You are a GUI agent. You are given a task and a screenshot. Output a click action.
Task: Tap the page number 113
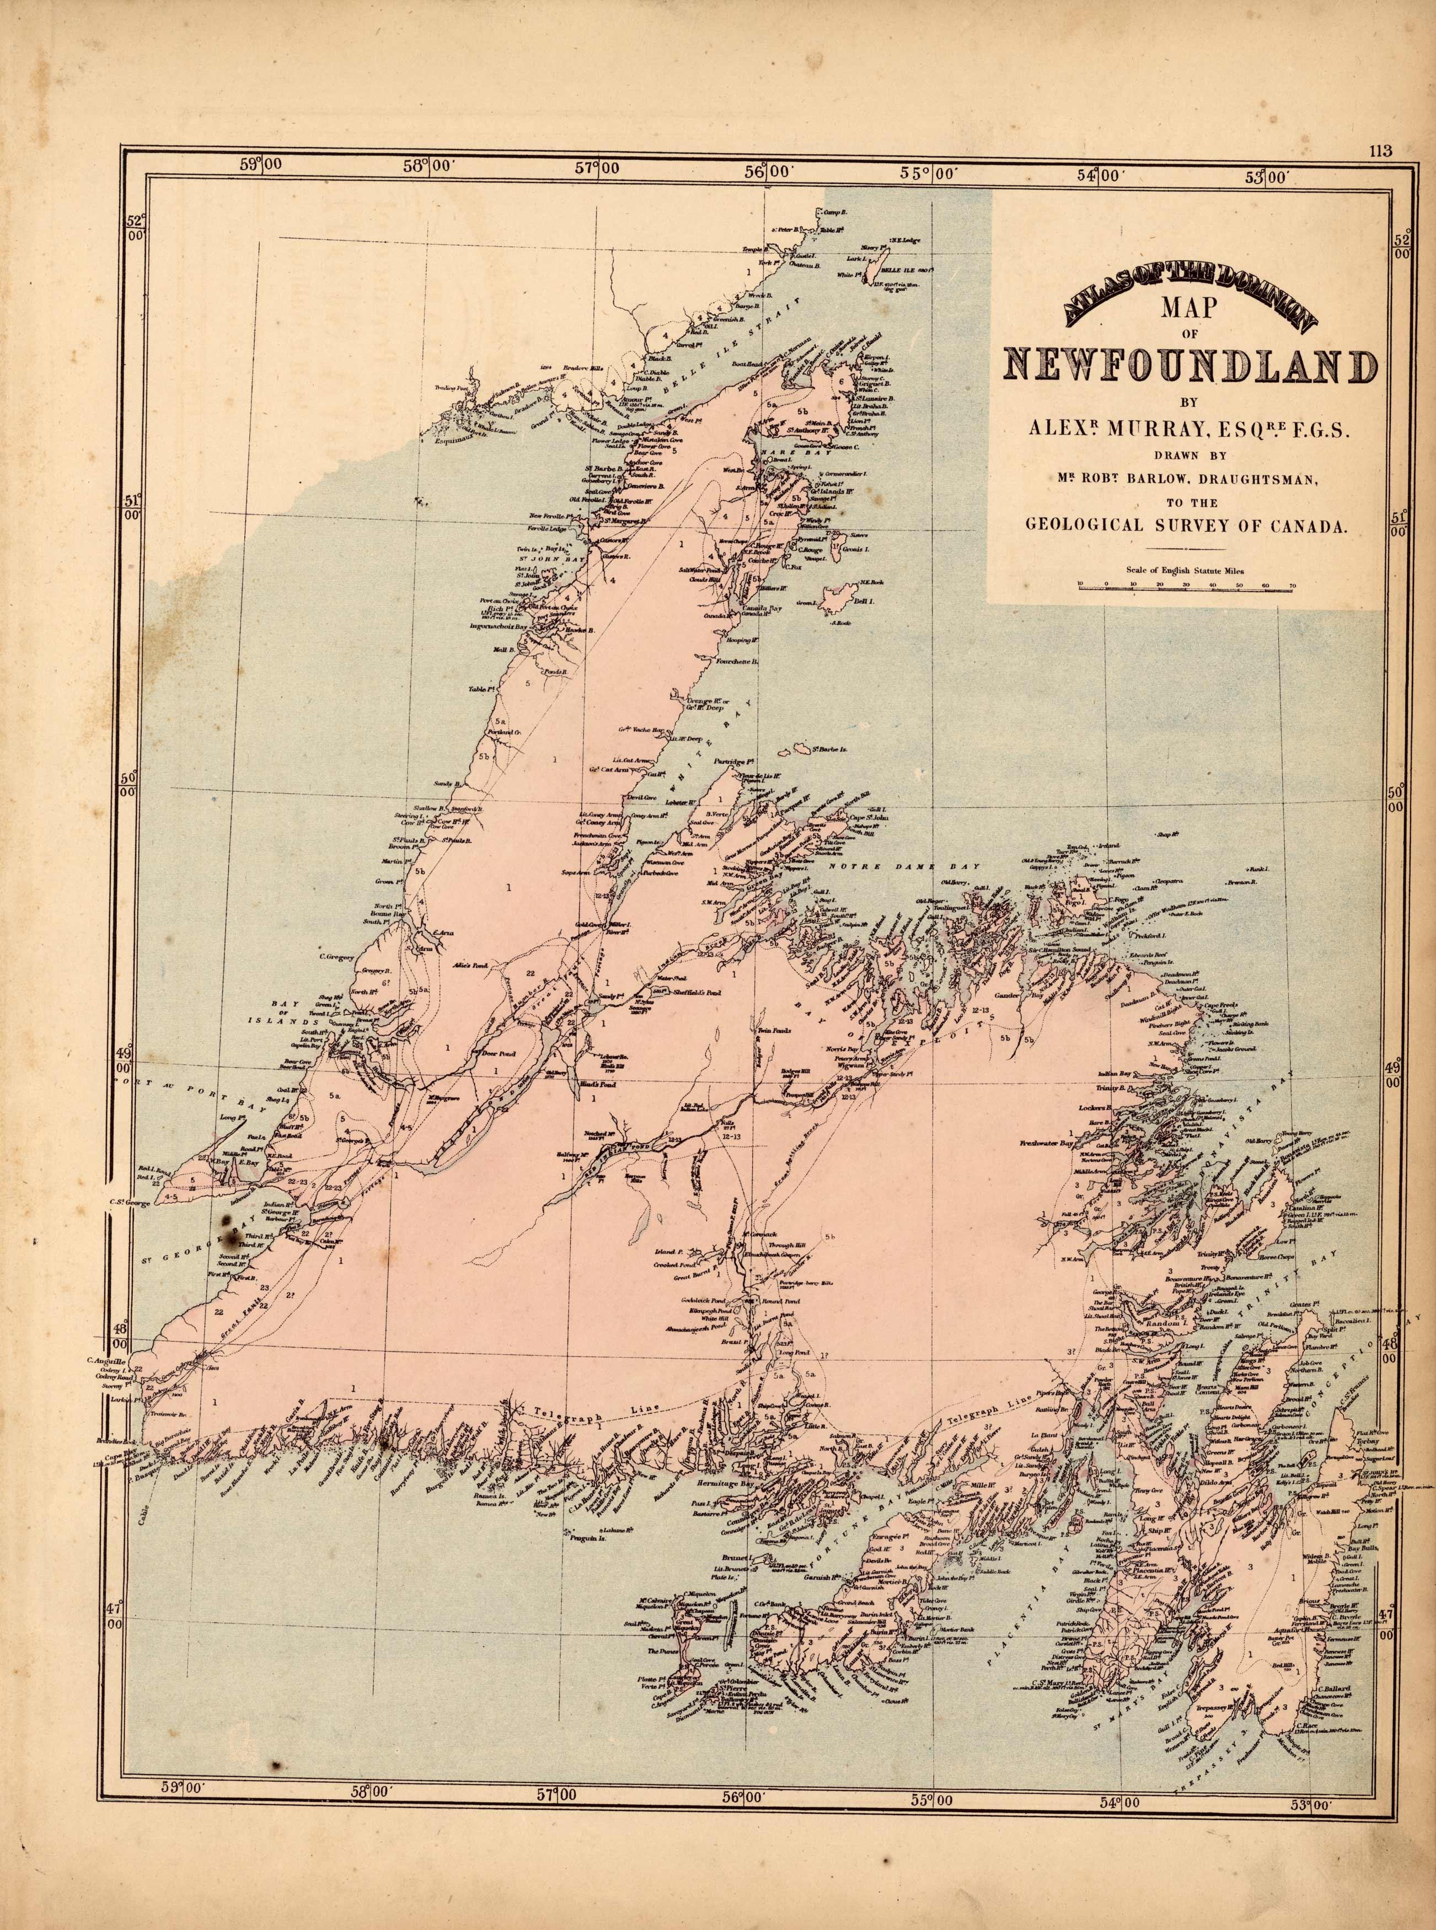pos(1380,151)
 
